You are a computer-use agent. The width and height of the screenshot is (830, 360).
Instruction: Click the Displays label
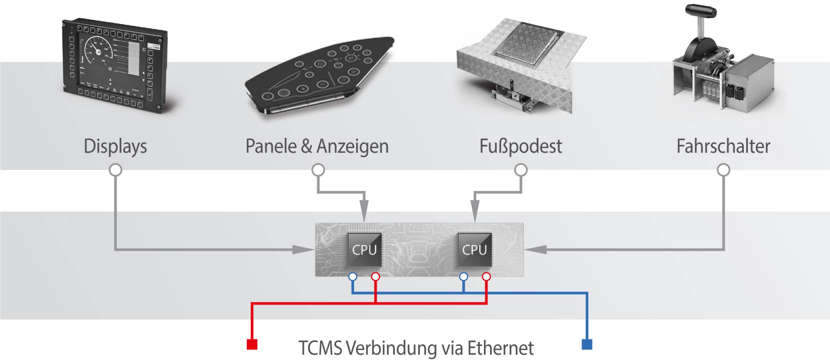pos(115,147)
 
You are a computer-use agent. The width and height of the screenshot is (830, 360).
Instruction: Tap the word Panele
pos(271,146)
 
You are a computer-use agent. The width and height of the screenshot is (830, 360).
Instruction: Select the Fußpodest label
pos(521,147)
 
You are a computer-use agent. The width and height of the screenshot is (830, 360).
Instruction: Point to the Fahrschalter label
pos(723,146)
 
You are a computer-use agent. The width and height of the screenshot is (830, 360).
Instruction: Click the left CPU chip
pos(364,250)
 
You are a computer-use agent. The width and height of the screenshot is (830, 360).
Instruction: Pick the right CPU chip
pos(474,250)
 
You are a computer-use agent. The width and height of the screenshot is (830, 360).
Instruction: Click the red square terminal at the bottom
pos(252,344)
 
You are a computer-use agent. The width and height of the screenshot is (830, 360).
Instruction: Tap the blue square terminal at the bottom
pos(587,344)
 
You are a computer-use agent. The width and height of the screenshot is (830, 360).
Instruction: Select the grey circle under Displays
pos(115,170)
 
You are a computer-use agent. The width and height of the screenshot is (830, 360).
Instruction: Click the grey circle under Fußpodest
pos(521,170)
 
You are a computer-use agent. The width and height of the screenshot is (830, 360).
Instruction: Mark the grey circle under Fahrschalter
pos(723,170)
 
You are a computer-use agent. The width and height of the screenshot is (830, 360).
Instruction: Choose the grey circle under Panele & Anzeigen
pos(318,170)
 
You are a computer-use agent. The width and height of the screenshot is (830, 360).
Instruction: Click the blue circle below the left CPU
pos(353,276)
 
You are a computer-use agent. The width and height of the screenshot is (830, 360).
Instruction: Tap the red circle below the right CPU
pos(486,276)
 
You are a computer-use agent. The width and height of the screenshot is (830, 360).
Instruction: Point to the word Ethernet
pos(501,348)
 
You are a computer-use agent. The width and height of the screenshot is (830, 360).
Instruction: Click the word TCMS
pos(320,348)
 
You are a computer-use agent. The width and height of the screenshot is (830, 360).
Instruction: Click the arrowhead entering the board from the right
pos(536,249)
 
